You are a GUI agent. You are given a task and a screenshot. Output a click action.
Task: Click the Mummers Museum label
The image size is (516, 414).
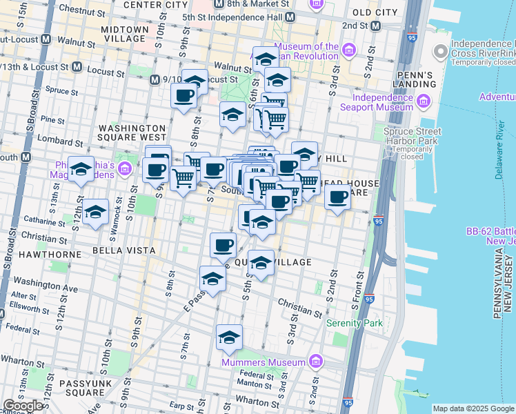point(263,362)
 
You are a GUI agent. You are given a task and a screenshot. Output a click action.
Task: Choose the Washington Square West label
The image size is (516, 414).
point(132,128)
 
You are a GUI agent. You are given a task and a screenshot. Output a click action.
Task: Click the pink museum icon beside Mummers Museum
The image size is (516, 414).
point(316,361)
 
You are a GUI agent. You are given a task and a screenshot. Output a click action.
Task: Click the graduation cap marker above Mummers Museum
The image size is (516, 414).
point(229,337)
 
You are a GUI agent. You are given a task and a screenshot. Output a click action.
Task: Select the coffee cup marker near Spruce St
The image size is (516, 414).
point(183,96)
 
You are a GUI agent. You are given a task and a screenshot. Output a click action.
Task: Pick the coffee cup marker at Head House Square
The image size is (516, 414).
point(337,198)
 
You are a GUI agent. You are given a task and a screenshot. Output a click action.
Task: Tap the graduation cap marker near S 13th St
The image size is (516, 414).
point(81,170)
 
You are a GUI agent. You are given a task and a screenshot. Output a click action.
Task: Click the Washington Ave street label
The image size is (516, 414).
point(46,284)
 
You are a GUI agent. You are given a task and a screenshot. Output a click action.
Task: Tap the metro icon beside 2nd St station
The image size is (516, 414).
point(375,26)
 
